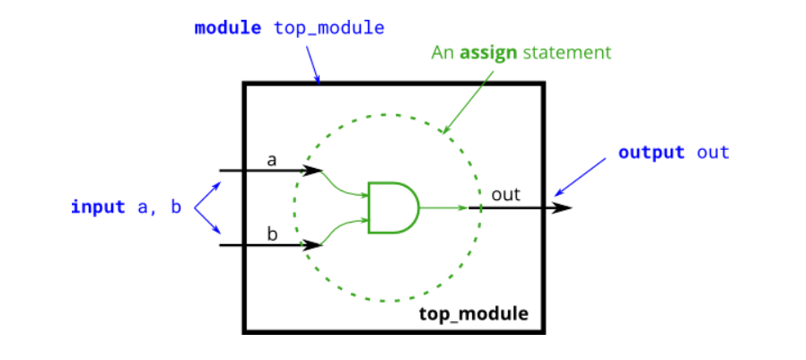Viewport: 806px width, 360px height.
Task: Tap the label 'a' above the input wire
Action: click(x=272, y=160)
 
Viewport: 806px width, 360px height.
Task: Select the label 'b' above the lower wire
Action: click(x=272, y=235)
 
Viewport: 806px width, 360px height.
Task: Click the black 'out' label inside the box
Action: click(x=505, y=194)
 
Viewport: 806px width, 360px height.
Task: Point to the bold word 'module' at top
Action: click(x=229, y=28)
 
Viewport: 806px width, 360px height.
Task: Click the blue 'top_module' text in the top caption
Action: click(x=329, y=28)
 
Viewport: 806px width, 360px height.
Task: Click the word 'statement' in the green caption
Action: click(x=566, y=53)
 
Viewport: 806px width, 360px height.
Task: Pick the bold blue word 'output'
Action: click(x=652, y=153)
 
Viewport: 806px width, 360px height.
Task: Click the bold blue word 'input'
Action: click(x=98, y=207)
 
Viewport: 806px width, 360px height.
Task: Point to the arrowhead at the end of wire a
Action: click(x=314, y=170)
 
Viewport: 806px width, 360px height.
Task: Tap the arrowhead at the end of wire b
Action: click(x=314, y=244)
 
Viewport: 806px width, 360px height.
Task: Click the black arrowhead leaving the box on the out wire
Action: click(x=562, y=207)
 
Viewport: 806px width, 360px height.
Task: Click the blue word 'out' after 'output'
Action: click(x=714, y=153)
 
